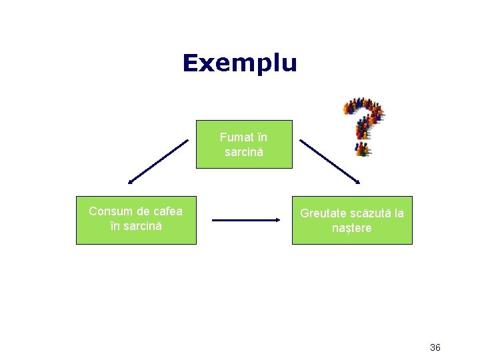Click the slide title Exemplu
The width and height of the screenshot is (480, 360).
(239, 63)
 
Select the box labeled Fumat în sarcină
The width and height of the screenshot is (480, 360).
(244, 144)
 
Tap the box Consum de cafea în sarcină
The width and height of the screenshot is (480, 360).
(136, 220)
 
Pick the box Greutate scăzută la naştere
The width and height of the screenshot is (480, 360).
(352, 220)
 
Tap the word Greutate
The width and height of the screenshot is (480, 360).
(322, 213)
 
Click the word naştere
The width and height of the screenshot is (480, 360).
(352, 228)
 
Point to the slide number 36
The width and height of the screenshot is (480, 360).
(435, 347)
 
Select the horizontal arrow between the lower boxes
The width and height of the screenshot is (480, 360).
(246, 219)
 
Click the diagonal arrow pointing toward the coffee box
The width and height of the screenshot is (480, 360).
(159, 161)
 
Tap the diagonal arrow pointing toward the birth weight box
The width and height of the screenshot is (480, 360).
(329, 161)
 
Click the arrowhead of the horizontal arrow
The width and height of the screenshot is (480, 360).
(277, 219)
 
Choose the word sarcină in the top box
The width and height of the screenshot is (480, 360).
(244, 152)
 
